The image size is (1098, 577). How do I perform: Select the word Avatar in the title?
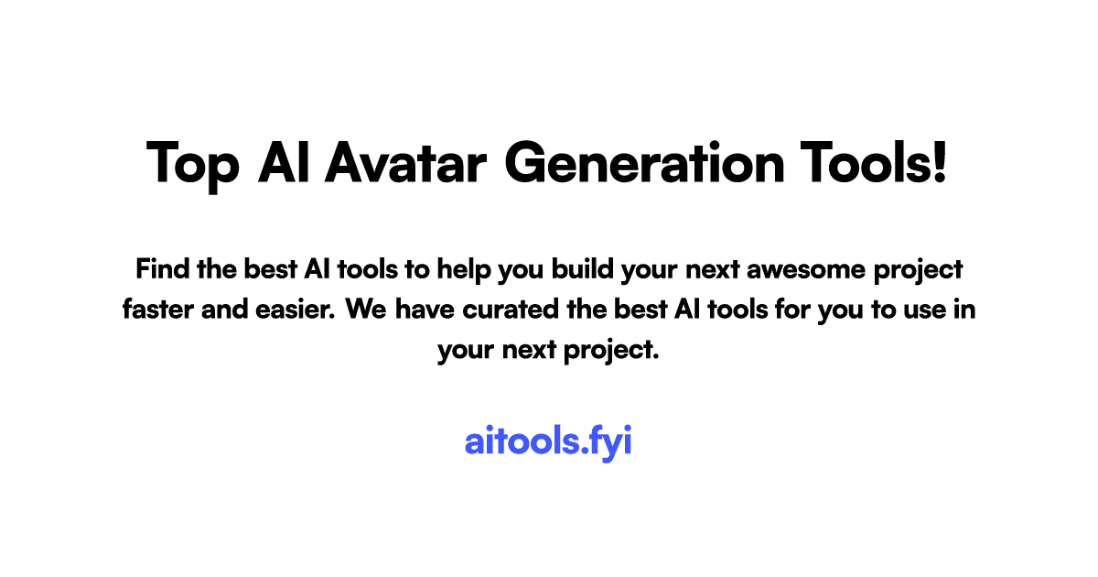pos(406,163)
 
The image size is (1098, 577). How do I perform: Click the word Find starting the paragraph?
pos(162,270)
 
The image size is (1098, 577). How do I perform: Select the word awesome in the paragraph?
pos(796,270)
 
